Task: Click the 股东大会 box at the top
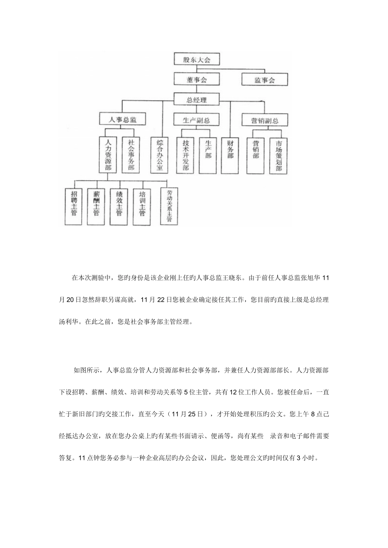point(196,60)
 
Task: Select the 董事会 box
point(196,79)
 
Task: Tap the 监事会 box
point(265,79)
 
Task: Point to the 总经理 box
point(196,99)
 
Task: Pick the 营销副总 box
point(264,120)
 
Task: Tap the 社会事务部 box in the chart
point(131,155)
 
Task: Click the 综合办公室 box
point(160,155)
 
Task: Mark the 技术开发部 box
point(186,155)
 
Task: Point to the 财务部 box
point(230,151)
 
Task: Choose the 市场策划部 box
point(279,155)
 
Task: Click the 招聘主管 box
point(74,206)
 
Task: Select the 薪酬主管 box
point(96,206)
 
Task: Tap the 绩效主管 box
point(119,206)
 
